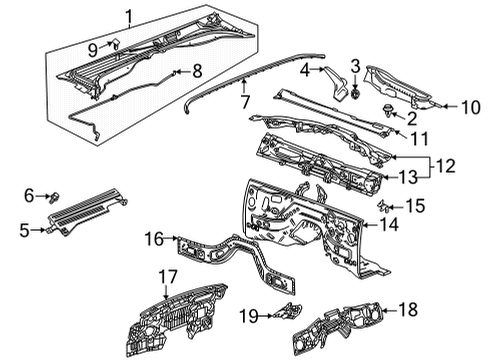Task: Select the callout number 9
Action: click(x=92, y=48)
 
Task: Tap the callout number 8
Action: click(x=198, y=71)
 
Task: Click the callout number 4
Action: click(x=304, y=70)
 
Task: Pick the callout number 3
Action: click(x=355, y=66)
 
